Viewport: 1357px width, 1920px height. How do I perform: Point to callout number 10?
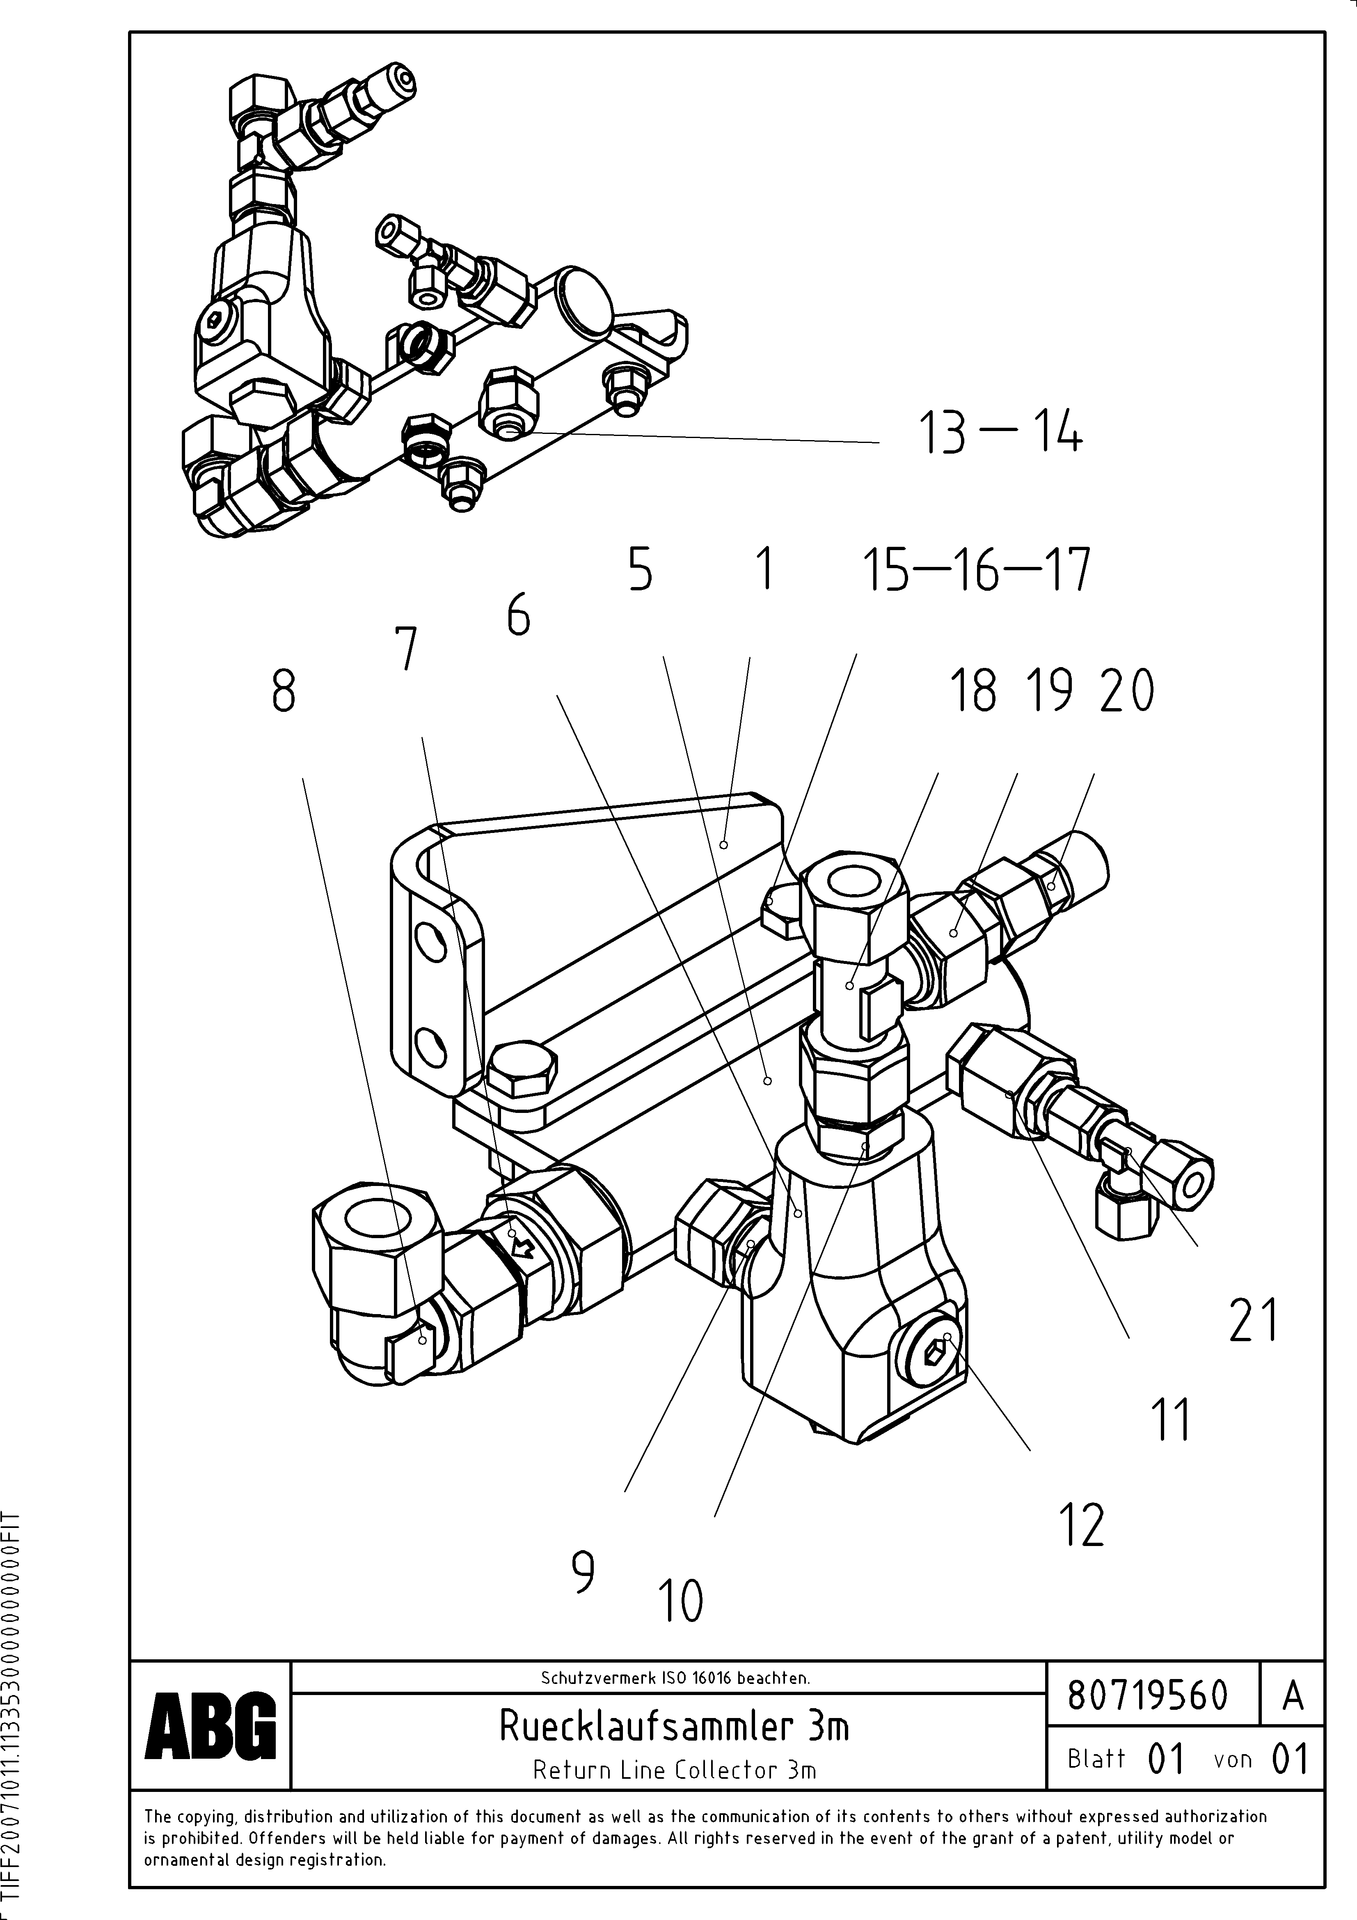tap(682, 1601)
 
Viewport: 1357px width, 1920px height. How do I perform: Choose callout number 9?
tap(583, 1572)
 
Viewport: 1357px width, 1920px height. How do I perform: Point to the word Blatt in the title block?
tap(1096, 1759)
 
